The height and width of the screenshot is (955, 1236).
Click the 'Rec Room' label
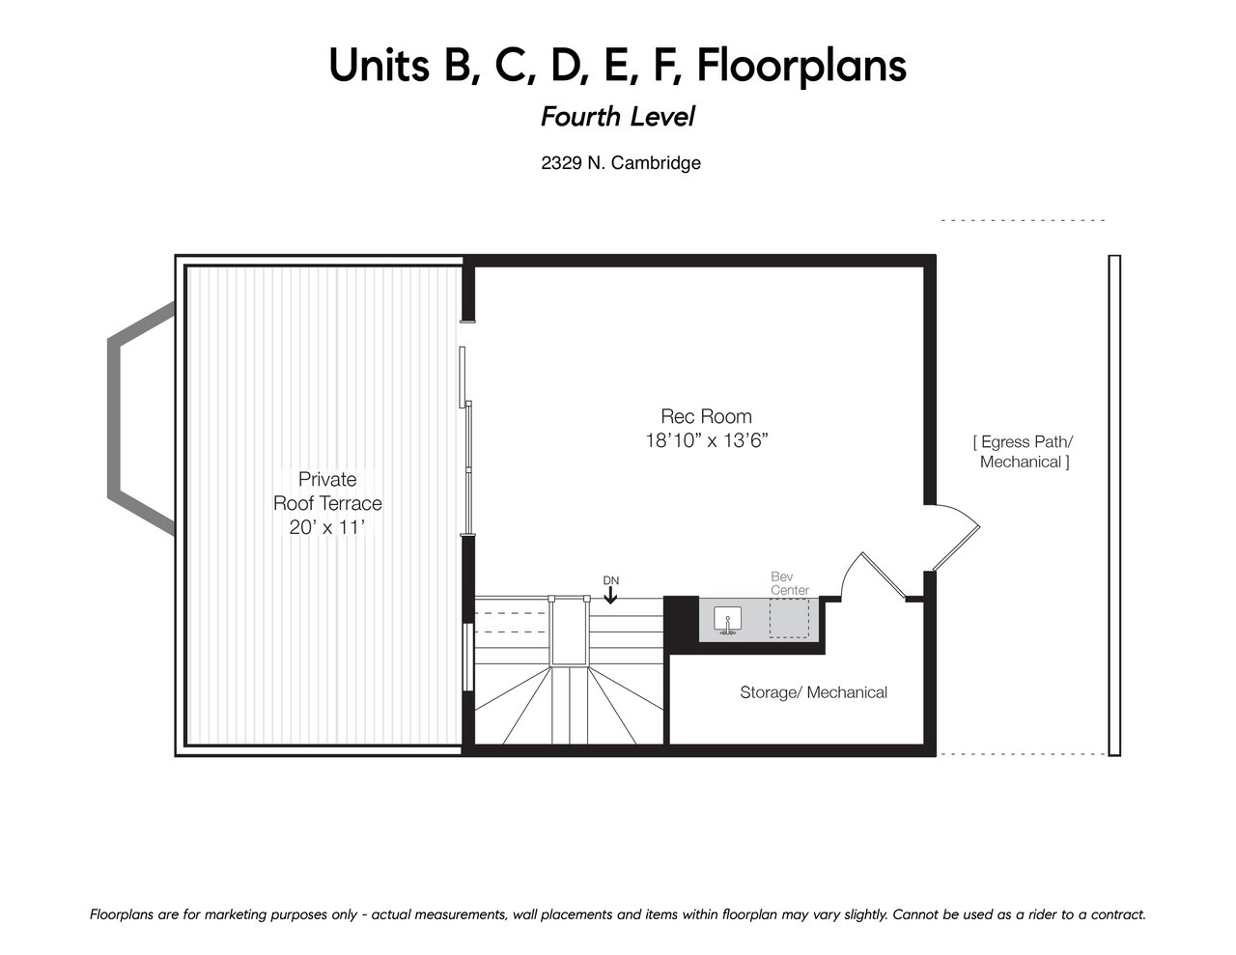pos(706,416)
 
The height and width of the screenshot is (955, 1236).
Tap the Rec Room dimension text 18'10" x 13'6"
pos(707,441)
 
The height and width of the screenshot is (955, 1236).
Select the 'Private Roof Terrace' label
pos(327,491)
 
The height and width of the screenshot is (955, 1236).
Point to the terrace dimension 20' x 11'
pos(327,527)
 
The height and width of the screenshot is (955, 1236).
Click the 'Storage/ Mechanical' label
pos(813,692)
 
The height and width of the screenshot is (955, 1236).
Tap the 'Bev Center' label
pos(790,583)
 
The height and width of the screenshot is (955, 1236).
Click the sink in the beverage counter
pos(727,620)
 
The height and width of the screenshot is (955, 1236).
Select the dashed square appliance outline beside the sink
pos(789,618)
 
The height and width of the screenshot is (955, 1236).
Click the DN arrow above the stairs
pos(610,595)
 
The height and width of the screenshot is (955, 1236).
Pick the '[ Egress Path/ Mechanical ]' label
pos(1024,452)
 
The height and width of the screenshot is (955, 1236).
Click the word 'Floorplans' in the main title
pos(801,66)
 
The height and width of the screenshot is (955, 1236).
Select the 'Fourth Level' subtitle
pos(618,117)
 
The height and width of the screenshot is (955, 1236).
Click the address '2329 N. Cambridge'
pos(621,163)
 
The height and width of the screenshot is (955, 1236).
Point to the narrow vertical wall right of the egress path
pos(1114,506)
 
